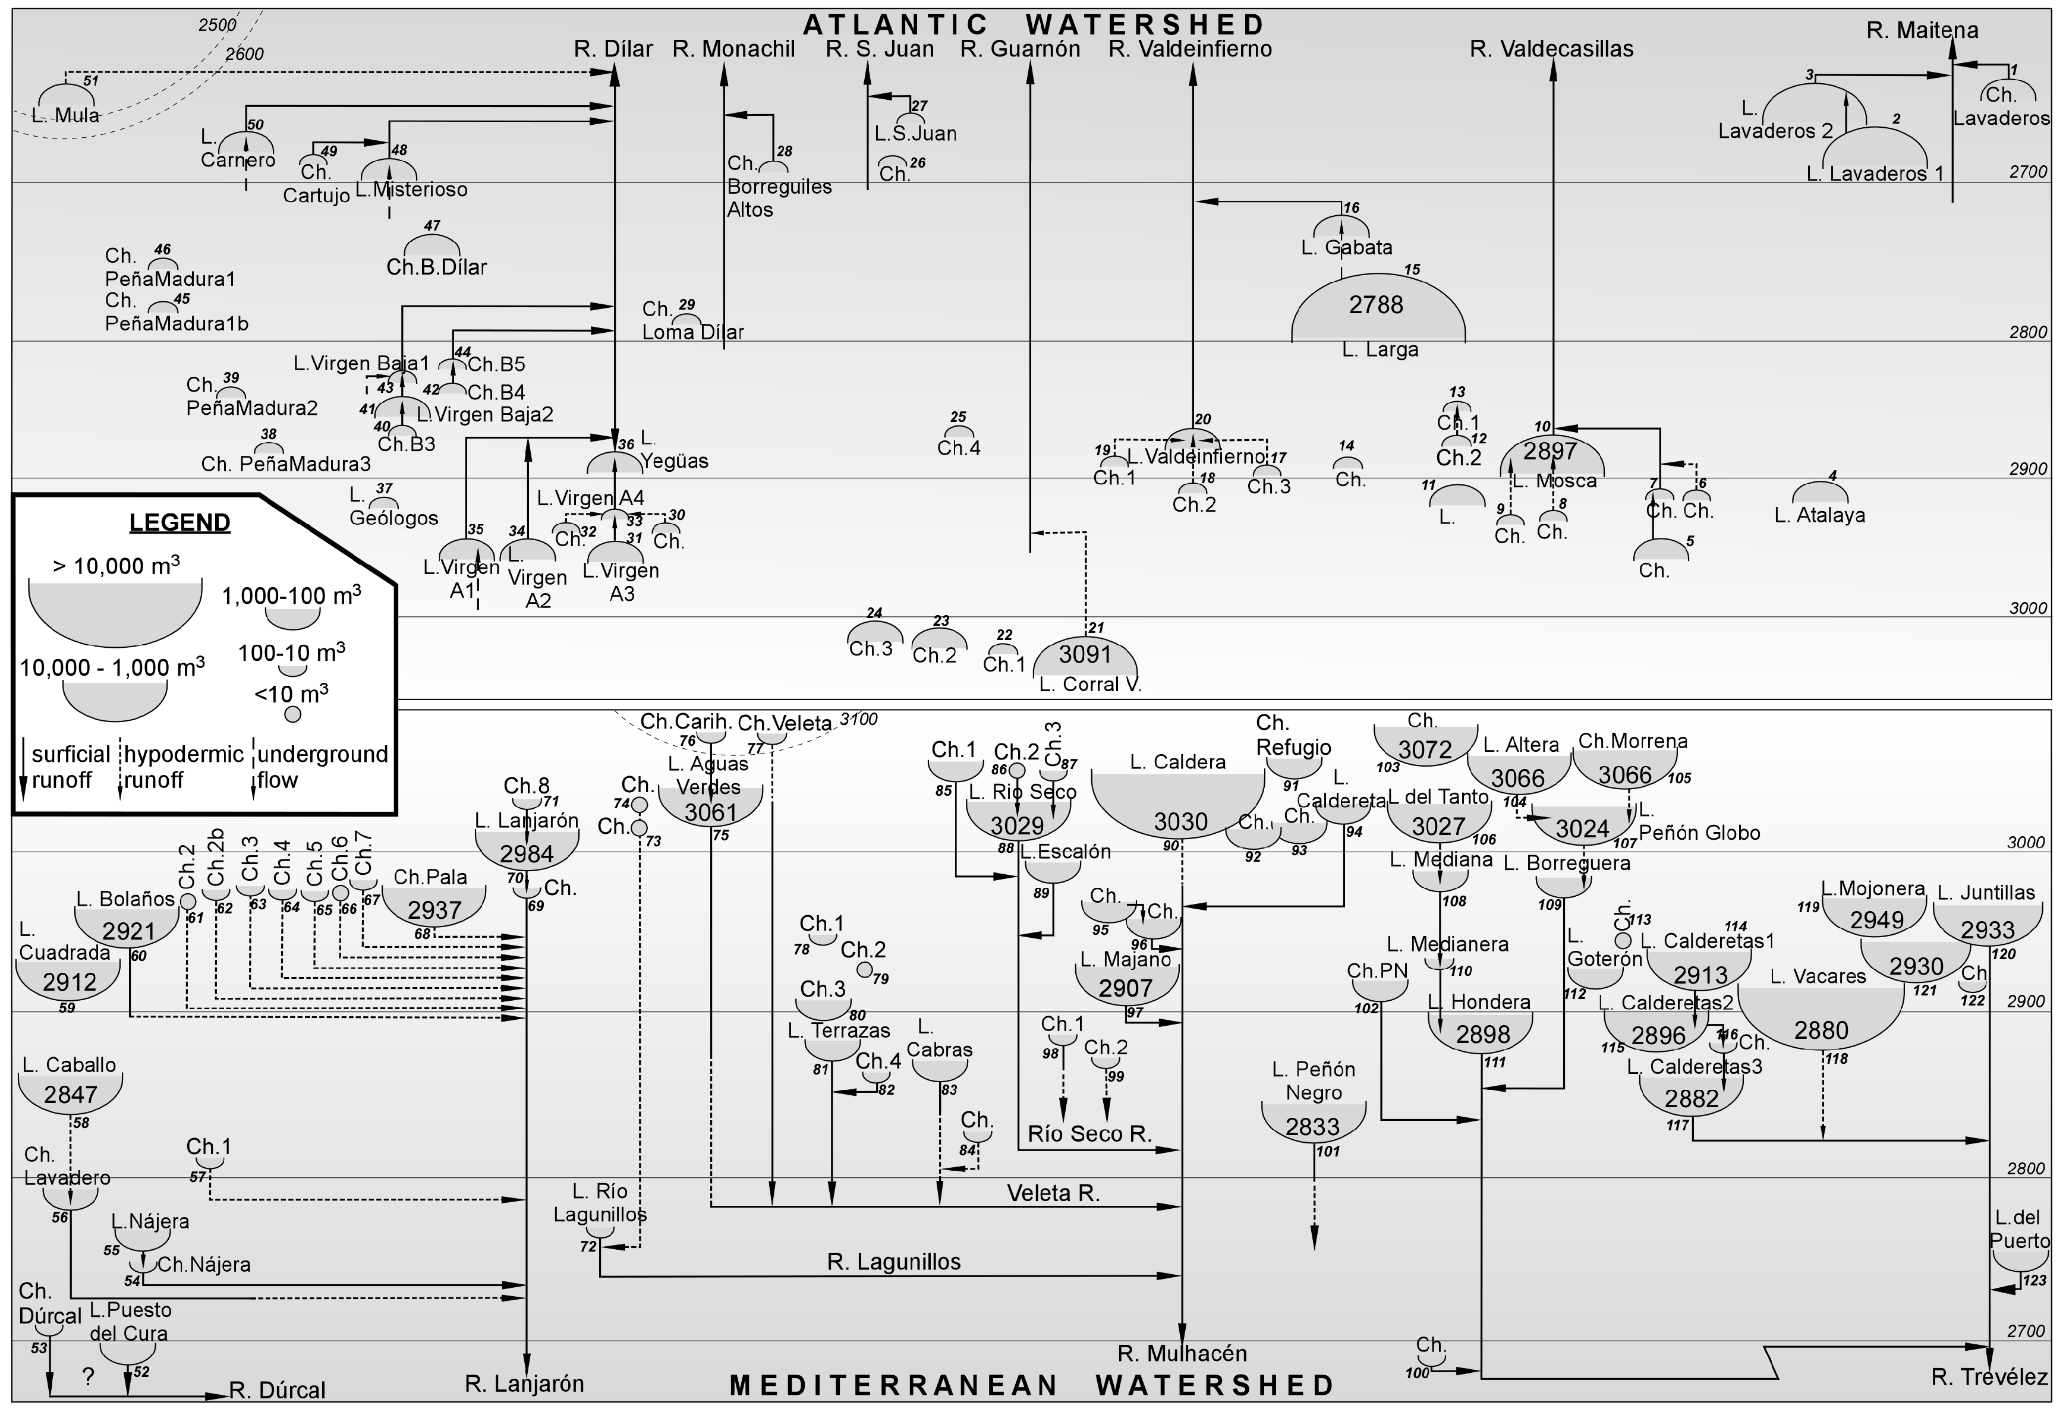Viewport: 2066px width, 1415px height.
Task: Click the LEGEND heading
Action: point(179,522)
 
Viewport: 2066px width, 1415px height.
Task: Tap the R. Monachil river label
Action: point(733,49)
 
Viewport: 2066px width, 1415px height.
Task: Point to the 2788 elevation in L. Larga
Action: point(1375,305)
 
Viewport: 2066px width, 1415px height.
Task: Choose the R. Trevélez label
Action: point(1989,1378)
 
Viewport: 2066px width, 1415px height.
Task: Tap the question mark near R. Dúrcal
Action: point(88,1378)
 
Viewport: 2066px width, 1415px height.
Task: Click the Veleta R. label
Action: point(1053,1193)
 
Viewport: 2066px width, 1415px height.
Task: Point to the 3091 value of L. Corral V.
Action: point(1085,655)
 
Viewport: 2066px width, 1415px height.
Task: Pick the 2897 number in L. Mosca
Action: point(1549,452)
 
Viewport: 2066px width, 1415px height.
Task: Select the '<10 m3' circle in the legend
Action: point(292,714)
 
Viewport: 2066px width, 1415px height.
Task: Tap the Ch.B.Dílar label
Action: point(436,267)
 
